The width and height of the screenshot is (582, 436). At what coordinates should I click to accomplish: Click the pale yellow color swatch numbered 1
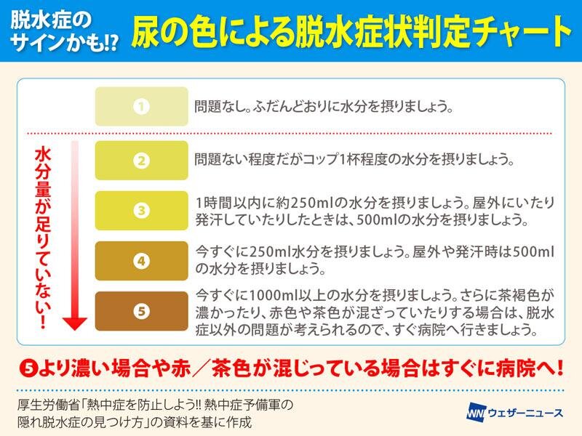141,106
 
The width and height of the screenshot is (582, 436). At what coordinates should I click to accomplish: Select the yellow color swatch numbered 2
141,161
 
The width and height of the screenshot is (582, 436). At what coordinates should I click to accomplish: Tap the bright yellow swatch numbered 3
141,211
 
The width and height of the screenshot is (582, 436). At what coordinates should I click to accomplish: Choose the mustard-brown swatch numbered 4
141,261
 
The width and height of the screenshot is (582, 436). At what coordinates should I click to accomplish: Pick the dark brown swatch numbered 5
141,311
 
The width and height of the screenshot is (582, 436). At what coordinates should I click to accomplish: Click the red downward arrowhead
75,323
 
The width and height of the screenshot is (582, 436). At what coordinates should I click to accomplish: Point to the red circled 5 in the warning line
28,369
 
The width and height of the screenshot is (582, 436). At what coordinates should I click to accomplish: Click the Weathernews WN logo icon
476,412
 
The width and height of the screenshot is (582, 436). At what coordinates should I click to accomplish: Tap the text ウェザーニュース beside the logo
525,413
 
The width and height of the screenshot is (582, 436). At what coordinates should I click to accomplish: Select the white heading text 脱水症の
51,20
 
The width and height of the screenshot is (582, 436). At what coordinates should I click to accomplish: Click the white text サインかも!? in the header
64,42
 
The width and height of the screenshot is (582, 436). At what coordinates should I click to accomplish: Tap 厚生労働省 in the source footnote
49,405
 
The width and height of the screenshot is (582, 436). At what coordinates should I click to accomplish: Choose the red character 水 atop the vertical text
44,156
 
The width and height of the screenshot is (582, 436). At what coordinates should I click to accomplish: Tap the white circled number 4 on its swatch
141,261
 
